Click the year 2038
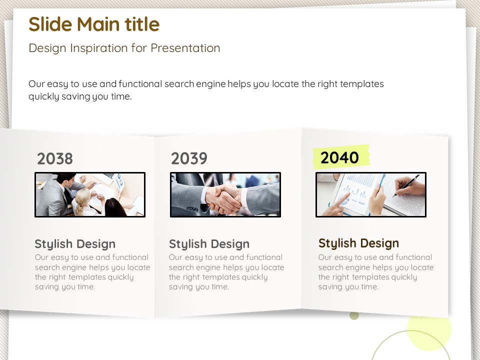(x=55, y=158)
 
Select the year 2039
(x=189, y=158)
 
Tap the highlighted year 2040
(x=339, y=157)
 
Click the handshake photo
(x=225, y=194)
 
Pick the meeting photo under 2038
(x=90, y=194)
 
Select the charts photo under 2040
(x=370, y=194)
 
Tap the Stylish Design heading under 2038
(x=75, y=244)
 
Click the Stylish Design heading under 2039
(x=209, y=244)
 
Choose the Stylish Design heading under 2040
(x=358, y=243)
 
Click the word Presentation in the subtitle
(x=185, y=48)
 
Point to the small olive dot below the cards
(x=354, y=315)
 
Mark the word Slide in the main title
(x=51, y=24)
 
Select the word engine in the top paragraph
(x=210, y=84)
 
